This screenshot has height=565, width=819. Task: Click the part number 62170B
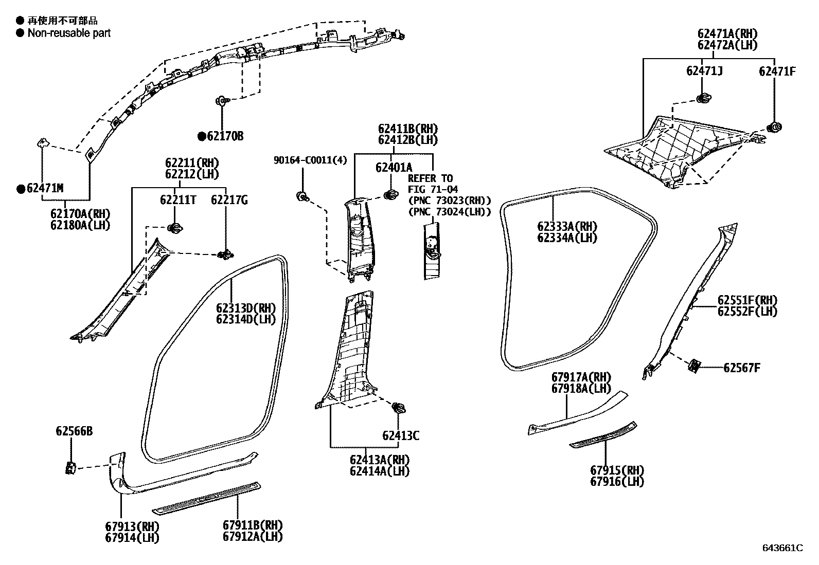pos(225,136)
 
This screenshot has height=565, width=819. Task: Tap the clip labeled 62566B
pos(70,468)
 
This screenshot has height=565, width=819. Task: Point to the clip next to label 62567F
pos(694,366)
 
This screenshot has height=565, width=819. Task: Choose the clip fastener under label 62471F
pos(774,127)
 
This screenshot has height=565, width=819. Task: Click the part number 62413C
pos(400,436)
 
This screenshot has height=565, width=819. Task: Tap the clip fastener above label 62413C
pos(398,408)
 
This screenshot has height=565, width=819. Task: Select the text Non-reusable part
pos(69,33)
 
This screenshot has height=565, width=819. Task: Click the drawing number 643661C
pos(782,548)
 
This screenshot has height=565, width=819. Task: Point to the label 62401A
pos(394,167)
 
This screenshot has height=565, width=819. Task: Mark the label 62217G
pos(229,200)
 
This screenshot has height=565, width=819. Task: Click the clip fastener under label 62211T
pos(175,228)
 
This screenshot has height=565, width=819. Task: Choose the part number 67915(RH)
pos(617,470)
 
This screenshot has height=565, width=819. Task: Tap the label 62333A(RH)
pos(567,227)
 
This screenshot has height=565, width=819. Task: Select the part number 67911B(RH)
pos(253,525)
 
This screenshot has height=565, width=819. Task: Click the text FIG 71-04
pos(433,189)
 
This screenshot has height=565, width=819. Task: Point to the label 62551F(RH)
pos(747,300)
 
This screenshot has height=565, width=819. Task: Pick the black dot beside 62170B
pos(202,136)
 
